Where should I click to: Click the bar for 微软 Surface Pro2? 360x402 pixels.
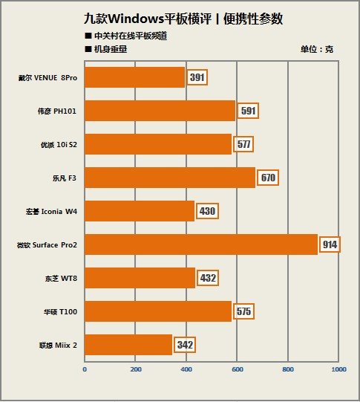[201, 244]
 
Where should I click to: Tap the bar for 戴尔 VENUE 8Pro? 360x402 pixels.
[134, 77]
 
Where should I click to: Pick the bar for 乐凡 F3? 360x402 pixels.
[170, 178]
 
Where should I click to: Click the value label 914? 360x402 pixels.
[330, 244]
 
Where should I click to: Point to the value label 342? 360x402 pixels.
[185, 345]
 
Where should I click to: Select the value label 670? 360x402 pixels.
[268, 178]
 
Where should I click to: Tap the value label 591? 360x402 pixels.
[248, 111]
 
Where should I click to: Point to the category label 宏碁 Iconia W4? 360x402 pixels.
[51, 212]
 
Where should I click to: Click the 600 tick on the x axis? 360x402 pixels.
[237, 369]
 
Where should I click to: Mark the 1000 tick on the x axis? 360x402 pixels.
[338, 369]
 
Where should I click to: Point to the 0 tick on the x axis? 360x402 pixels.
[85, 369]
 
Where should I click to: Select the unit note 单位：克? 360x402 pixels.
[317, 49]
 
